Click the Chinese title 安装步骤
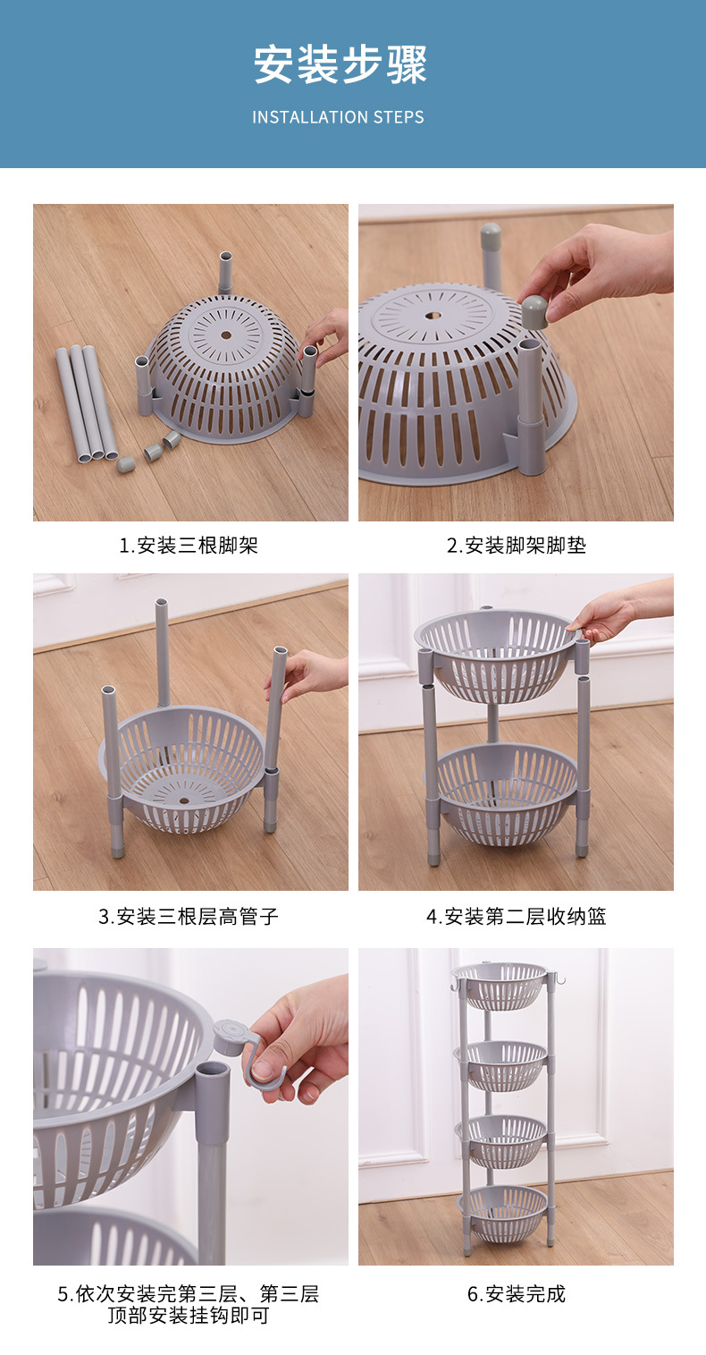(x=340, y=65)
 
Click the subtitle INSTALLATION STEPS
(x=338, y=117)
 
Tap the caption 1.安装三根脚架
(x=189, y=545)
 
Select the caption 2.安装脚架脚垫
(x=517, y=545)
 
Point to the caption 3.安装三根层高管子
(x=189, y=916)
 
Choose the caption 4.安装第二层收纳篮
(x=517, y=916)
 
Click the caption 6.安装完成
(x=517, y=1293)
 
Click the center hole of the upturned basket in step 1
(x=225, y=336)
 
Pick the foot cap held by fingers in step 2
(x=534, y=310)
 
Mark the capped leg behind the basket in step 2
(x=491, y=255)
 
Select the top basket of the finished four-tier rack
(x=500, y=984)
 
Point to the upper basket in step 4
(x=497, y=653)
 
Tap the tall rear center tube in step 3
(x=163, y=653)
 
